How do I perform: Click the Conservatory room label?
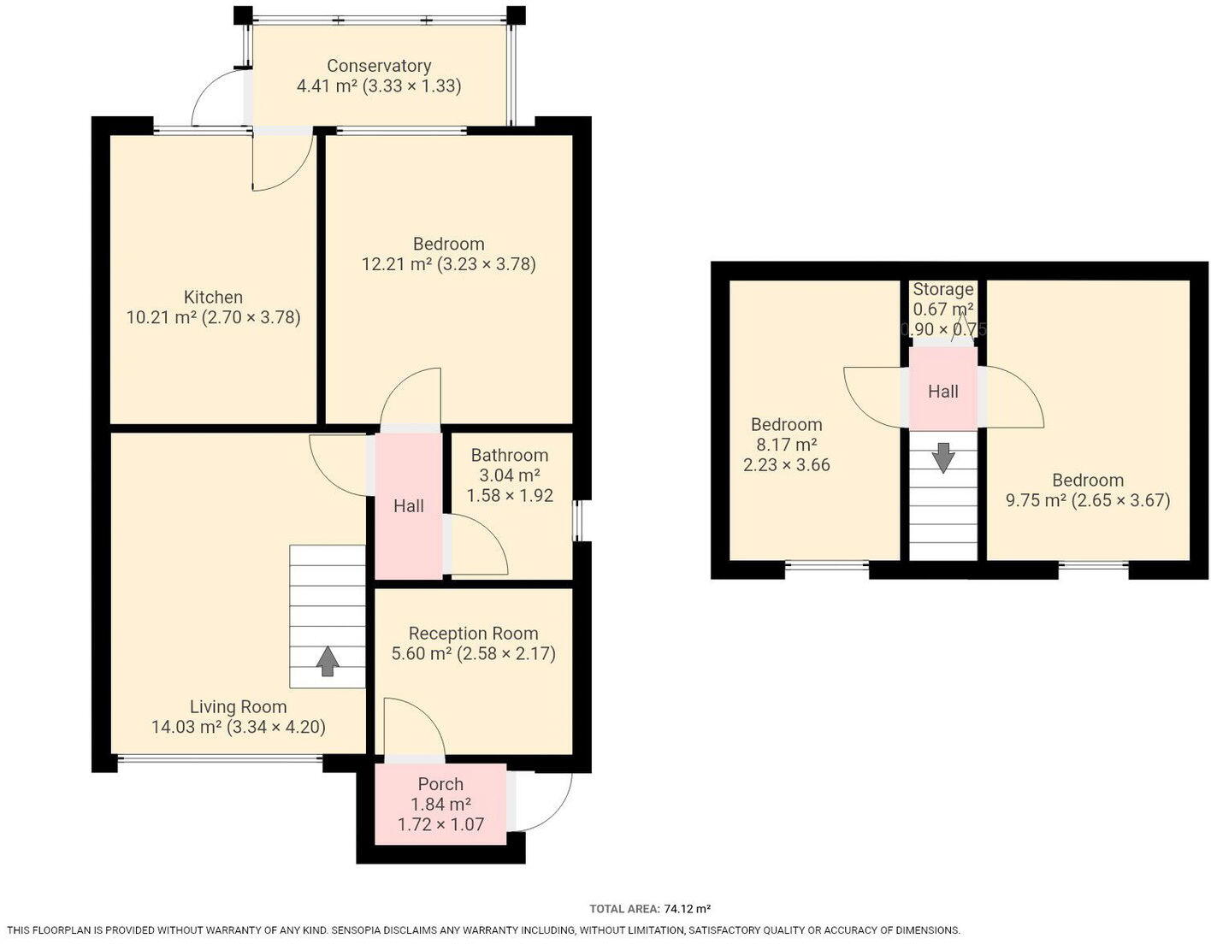379,66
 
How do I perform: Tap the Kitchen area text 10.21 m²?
162,317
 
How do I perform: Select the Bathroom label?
509,455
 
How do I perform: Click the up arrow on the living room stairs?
328,661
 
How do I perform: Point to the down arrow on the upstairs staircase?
943,457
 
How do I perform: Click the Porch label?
440,784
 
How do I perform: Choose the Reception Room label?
473,634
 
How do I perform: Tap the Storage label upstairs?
942,289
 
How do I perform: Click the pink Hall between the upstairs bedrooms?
942,392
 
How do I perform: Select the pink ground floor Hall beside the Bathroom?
408,506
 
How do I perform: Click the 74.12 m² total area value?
687,909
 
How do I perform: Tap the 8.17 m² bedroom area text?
786,445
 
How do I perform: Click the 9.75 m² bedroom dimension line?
1087,500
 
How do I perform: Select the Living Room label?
238,707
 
